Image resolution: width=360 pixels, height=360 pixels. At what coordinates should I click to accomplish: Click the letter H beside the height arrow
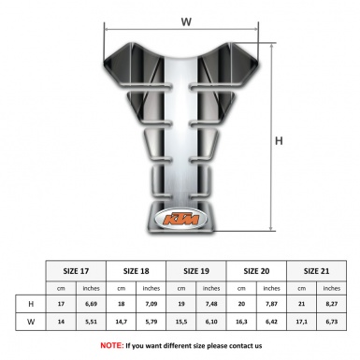[x=278, y=141]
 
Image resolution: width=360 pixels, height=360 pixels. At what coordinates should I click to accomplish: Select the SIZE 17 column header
[x=77, y=270]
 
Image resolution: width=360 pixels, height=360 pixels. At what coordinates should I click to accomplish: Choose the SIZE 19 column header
[x=197, y=270]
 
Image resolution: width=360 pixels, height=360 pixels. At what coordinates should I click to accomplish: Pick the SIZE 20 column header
[x=257, y=270]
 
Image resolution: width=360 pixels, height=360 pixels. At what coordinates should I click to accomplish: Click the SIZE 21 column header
[x=317, y=270]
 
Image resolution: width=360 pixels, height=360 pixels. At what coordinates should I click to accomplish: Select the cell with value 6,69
[x=92, y=304]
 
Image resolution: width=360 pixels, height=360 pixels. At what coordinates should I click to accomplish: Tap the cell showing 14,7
[x=122, y=321]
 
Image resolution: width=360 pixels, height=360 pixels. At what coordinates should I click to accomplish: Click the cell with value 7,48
[x=212, y=304]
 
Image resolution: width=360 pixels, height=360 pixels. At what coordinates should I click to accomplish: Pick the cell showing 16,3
[x=242, y=321]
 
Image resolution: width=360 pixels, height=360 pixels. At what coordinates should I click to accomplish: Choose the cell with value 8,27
[x=332, y=304]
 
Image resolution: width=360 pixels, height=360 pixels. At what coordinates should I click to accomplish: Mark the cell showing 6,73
[x=332, y=321]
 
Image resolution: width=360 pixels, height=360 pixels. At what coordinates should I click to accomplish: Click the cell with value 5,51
[x=92, y=321]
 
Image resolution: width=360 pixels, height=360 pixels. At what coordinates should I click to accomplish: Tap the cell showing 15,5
[x=182, y=321]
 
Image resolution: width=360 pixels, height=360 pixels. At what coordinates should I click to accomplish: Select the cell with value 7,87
[x=272, y=304]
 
